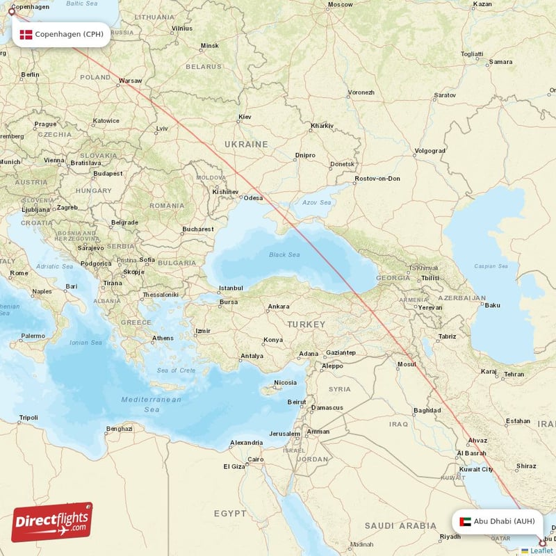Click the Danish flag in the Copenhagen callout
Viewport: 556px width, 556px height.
26,34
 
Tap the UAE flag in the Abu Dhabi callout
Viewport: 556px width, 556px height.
465,521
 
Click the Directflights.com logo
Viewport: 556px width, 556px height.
52,522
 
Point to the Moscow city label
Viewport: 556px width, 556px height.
341,5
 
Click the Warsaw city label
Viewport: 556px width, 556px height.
130,81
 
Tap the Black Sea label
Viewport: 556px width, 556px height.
284,255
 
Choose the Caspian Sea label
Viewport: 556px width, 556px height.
491,266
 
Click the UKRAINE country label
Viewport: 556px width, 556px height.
245,144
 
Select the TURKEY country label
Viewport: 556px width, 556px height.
308,325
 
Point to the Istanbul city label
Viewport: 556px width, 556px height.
231,288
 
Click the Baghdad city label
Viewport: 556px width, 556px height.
427,410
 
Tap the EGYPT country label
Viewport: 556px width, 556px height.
230,513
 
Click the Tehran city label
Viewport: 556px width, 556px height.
514,374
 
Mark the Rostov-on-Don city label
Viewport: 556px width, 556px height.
377,179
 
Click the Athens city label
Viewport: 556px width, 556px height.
163,338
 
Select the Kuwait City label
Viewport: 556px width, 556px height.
477,469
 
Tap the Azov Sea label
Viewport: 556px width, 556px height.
316,202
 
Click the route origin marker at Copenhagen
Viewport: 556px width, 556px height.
11,12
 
